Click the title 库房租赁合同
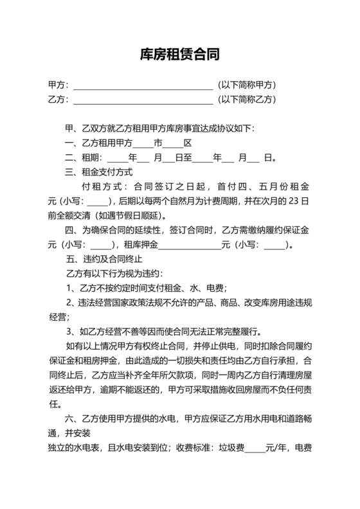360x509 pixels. point(180,55)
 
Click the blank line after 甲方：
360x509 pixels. point(143,86)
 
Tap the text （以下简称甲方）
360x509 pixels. point(247,85)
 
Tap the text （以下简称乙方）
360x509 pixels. point(247,99)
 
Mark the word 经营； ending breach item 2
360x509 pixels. point(59,317)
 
